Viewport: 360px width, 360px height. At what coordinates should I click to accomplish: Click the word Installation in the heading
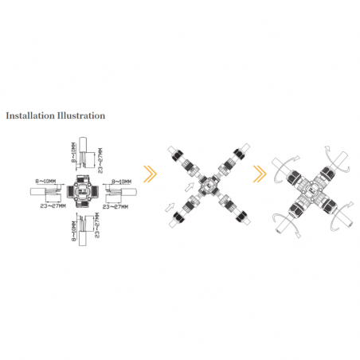(30, 115)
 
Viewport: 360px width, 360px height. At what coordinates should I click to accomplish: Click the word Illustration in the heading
(80, 115)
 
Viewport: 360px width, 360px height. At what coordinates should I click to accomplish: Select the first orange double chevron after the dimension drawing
(151, 174)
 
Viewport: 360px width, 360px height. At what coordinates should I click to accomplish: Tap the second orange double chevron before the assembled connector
(260, 174)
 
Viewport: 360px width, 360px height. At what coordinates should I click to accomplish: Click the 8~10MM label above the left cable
(45, 182)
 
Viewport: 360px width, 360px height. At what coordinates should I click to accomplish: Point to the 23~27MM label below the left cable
(53, 205)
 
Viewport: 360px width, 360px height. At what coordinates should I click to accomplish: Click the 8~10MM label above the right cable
(121, 182)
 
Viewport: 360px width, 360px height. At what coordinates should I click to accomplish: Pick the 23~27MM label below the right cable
(115, 206)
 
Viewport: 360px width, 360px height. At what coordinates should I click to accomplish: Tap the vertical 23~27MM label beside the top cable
(100, 161)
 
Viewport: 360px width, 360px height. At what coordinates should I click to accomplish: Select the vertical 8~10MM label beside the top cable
(73, 152)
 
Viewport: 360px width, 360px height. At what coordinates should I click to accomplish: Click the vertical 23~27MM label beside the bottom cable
(97, 225)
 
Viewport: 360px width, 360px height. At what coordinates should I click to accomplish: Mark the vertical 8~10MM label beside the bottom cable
(74, 231)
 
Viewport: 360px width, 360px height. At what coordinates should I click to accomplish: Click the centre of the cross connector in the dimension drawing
(83, 191)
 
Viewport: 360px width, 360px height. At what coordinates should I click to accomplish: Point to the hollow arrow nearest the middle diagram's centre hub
(190, 187)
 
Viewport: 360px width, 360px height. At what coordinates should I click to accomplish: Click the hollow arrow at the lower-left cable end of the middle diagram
(170, 207)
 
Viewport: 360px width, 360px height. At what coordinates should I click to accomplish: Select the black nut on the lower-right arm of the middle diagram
(241, 217)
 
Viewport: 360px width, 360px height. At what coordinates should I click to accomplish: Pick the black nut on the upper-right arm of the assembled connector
(329, 174)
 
